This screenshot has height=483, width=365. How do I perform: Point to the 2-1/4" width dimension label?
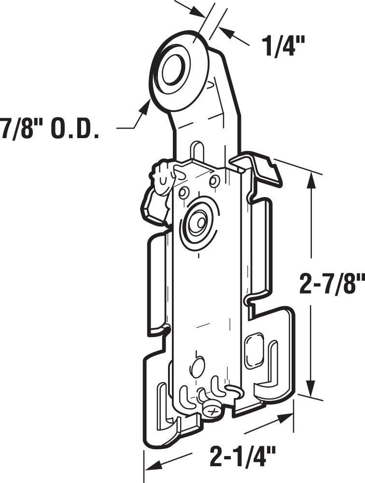242,456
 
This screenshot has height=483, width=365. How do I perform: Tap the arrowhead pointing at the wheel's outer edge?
145,106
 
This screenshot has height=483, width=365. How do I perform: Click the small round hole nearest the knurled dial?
183,193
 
